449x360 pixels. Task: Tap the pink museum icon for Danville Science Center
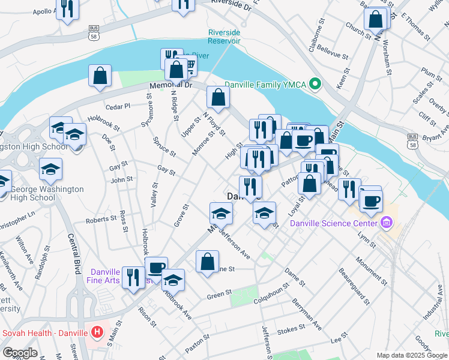tap(387, 224)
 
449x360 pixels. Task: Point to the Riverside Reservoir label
tap(224, 37)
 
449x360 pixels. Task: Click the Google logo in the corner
tap(20, 353)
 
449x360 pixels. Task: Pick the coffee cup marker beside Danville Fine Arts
tap(156, 267)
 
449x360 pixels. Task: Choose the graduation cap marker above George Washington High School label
tap(51, 169)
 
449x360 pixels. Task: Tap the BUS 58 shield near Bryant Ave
tap(412, 140)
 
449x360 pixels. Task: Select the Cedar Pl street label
tap(118, 106)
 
